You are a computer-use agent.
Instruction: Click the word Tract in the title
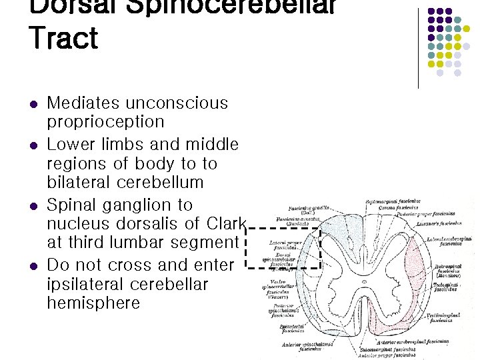[63, 37]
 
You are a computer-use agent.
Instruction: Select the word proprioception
[105, 122]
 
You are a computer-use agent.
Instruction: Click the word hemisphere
[93, 303]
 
